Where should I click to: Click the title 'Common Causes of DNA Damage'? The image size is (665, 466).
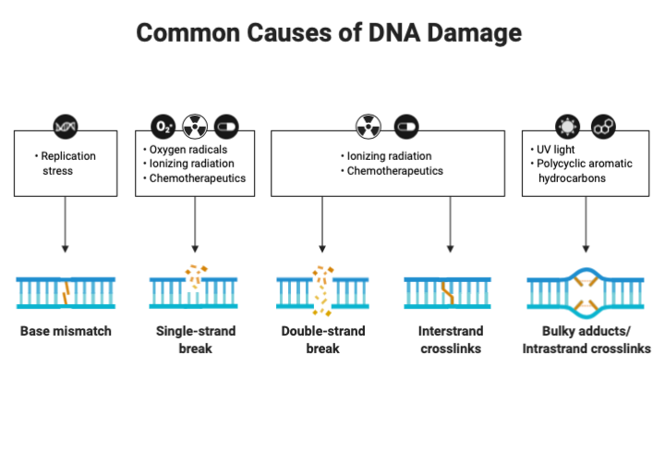coord(329,33)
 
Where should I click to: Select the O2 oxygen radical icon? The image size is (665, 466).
coord(163,126)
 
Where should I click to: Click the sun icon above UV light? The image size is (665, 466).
coord(565,126)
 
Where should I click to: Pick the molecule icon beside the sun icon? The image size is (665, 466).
coord(601,126)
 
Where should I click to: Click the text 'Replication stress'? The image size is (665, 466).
coord(67,164)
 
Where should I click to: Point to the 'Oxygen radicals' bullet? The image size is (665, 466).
coord(188,149)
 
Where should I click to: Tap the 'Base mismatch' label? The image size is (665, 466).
coord(66,331)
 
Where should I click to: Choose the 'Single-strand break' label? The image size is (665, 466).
coord(195,339)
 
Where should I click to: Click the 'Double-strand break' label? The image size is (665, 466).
coord(322,339)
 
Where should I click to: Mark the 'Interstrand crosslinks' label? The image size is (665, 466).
coord(450,339)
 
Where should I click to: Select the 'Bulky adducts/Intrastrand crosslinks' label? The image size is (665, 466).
coord(586,339)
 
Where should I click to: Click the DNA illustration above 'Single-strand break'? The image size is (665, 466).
coord(194,290)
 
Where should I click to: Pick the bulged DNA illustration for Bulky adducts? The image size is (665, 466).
coord(586,290)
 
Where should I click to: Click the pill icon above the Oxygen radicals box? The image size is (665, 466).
coord(226,126)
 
